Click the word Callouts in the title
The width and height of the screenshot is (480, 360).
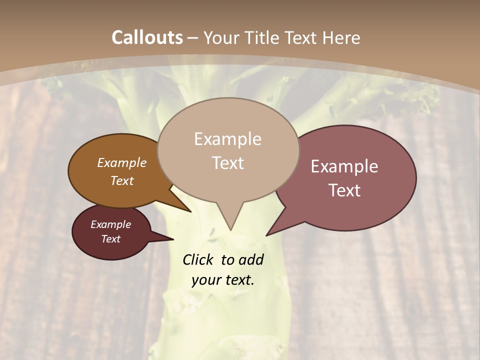click(147, 37)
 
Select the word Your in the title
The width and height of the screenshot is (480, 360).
click(221, 37)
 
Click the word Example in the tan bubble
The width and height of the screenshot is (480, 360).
click(227, 139)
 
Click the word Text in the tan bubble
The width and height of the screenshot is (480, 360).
click(227, 163)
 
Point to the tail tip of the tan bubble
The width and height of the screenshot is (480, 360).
click(230, 229)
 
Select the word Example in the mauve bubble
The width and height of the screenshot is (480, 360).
click(344, 166)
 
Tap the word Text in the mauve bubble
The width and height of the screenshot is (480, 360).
click(344, 190)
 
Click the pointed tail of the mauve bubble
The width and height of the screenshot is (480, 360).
click(267, 235)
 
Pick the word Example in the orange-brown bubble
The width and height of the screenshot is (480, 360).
click(122, 162)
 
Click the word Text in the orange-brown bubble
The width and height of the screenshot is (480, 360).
click(122, 180)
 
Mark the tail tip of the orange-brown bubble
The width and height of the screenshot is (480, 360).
click(190, 211)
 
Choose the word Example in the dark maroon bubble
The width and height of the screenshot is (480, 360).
click(111, 224)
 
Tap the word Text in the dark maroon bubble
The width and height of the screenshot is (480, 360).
click(111, 239)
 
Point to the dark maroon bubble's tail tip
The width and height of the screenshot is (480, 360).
click(173, 239)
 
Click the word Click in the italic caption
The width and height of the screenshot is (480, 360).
click(199, 259)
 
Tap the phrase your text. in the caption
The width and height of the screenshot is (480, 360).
click(223, 280)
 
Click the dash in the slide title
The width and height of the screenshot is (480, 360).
click(193, 38)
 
